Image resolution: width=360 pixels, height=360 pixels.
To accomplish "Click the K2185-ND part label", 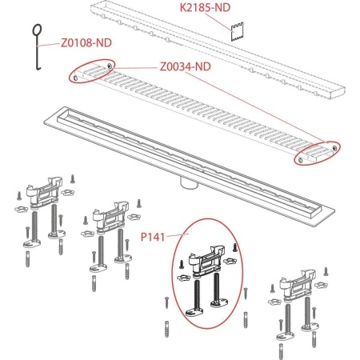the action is tap(205, 7).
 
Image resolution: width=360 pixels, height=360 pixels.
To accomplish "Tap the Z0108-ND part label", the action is tap(86, 42).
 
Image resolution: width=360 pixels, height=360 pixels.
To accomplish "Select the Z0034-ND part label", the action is tap(186, 66).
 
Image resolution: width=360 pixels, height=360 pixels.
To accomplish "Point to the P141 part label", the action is tap(153, 237).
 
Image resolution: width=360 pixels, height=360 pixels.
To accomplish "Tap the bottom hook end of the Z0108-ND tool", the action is tap(39, 69).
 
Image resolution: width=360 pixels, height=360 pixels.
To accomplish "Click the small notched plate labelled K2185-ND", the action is tap(237, 32).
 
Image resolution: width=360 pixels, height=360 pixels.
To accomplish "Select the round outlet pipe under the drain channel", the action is tap(189, 183).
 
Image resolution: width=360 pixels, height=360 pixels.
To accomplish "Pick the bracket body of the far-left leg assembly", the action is tap(44, 193).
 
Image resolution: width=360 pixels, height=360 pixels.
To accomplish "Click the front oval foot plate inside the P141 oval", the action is tap(193, 312).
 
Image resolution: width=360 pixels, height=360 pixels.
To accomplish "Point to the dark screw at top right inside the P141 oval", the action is tap(235, 247).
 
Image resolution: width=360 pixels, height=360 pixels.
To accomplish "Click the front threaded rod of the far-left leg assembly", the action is tap(34, 226).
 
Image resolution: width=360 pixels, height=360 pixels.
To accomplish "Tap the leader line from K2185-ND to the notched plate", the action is tap(219, 22).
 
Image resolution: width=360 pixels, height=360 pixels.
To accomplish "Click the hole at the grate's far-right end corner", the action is tap(335, 147).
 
